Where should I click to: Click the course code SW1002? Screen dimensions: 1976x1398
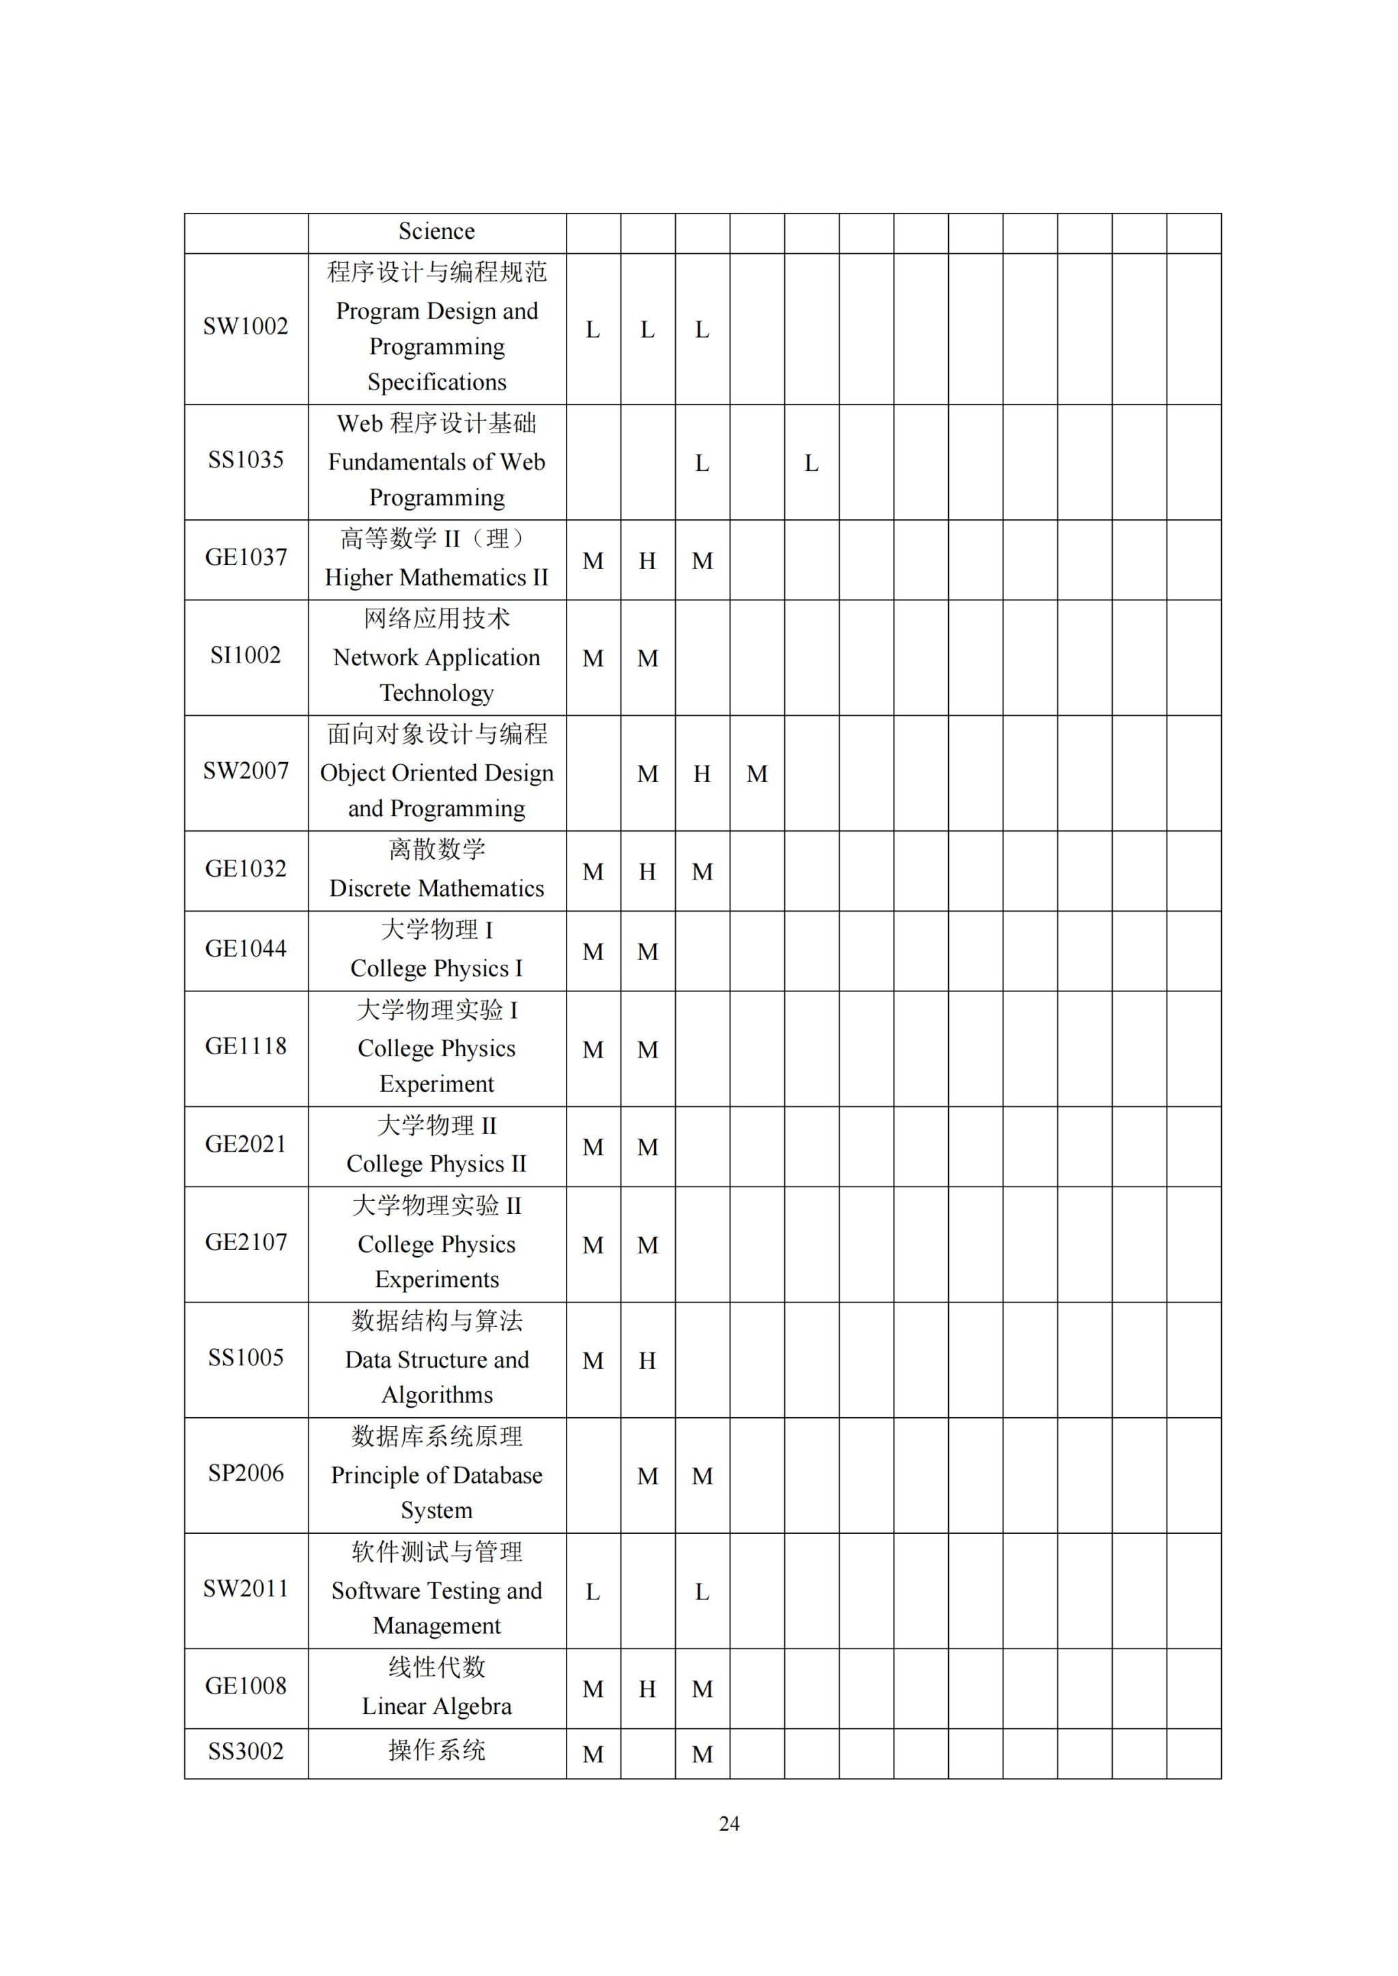click(x=245, y=327)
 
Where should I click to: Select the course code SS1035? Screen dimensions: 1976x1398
click(x=245, y=461)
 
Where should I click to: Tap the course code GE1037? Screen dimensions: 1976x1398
click(x=245, y=557)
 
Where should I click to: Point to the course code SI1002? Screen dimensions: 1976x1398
click(x=245, y=656)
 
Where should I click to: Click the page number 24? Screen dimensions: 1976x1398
click(x=729, y=1824)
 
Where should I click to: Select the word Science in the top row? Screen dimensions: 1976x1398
click(x=436, y=231)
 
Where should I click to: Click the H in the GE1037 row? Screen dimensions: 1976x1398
click(x=647, y=561)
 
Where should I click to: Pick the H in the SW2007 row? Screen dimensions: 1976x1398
click(x=702, y=774)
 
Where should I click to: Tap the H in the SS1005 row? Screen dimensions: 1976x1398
click(x=647, y=1361)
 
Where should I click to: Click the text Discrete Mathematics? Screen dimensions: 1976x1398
click(x=436, y=888)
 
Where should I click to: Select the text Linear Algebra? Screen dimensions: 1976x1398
click(x=436, y=1706)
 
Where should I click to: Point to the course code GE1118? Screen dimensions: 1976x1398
click(x=245, y=1047)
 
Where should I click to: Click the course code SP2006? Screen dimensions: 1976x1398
click(x=245, y=1473)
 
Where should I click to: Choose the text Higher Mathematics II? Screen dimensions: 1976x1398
click(x=436, y=577)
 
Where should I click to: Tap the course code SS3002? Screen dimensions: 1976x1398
click(x=245, y=1752)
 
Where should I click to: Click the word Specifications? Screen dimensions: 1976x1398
click(x=436, y=382)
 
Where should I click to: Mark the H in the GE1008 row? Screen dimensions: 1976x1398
click(x=647, y=1689)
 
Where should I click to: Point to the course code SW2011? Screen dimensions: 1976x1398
click(x=245, y=1588)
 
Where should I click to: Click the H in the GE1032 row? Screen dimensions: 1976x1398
click(x=647, y=872)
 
